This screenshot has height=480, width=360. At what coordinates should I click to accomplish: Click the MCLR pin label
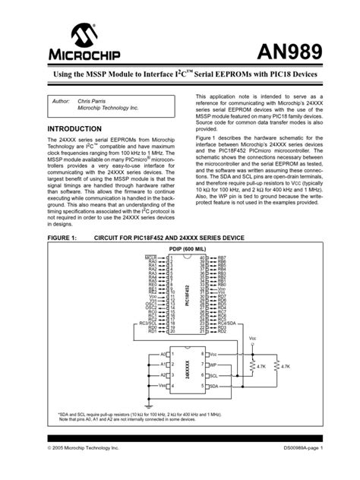(x=151, y=258)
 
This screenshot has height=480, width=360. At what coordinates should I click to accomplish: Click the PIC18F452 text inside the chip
(x=186, y=292)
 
